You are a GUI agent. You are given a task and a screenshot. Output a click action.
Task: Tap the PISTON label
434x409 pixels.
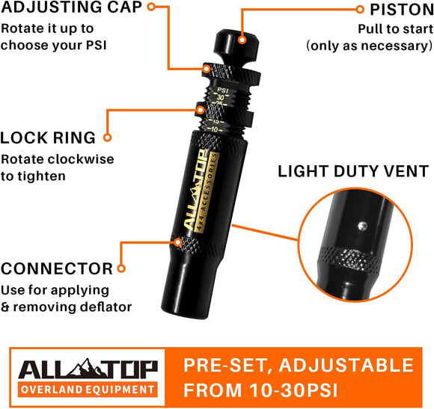tap(400, 10)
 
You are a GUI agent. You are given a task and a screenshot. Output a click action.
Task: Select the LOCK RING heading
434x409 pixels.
tap(48, 138)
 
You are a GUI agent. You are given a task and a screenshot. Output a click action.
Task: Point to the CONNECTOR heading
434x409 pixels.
tap(57, 268)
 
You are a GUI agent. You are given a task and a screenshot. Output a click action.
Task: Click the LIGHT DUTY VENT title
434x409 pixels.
tap(352, 170)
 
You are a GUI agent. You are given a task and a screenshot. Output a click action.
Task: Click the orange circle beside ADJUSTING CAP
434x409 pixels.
tap(152, 7)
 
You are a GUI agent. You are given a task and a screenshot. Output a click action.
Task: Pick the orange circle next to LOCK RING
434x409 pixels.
tap(106, 138)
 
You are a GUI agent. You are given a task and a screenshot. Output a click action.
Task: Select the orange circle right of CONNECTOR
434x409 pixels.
tap(123, 267)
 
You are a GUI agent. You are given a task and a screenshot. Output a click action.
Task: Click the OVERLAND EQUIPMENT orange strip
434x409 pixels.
tap(88, 390)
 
